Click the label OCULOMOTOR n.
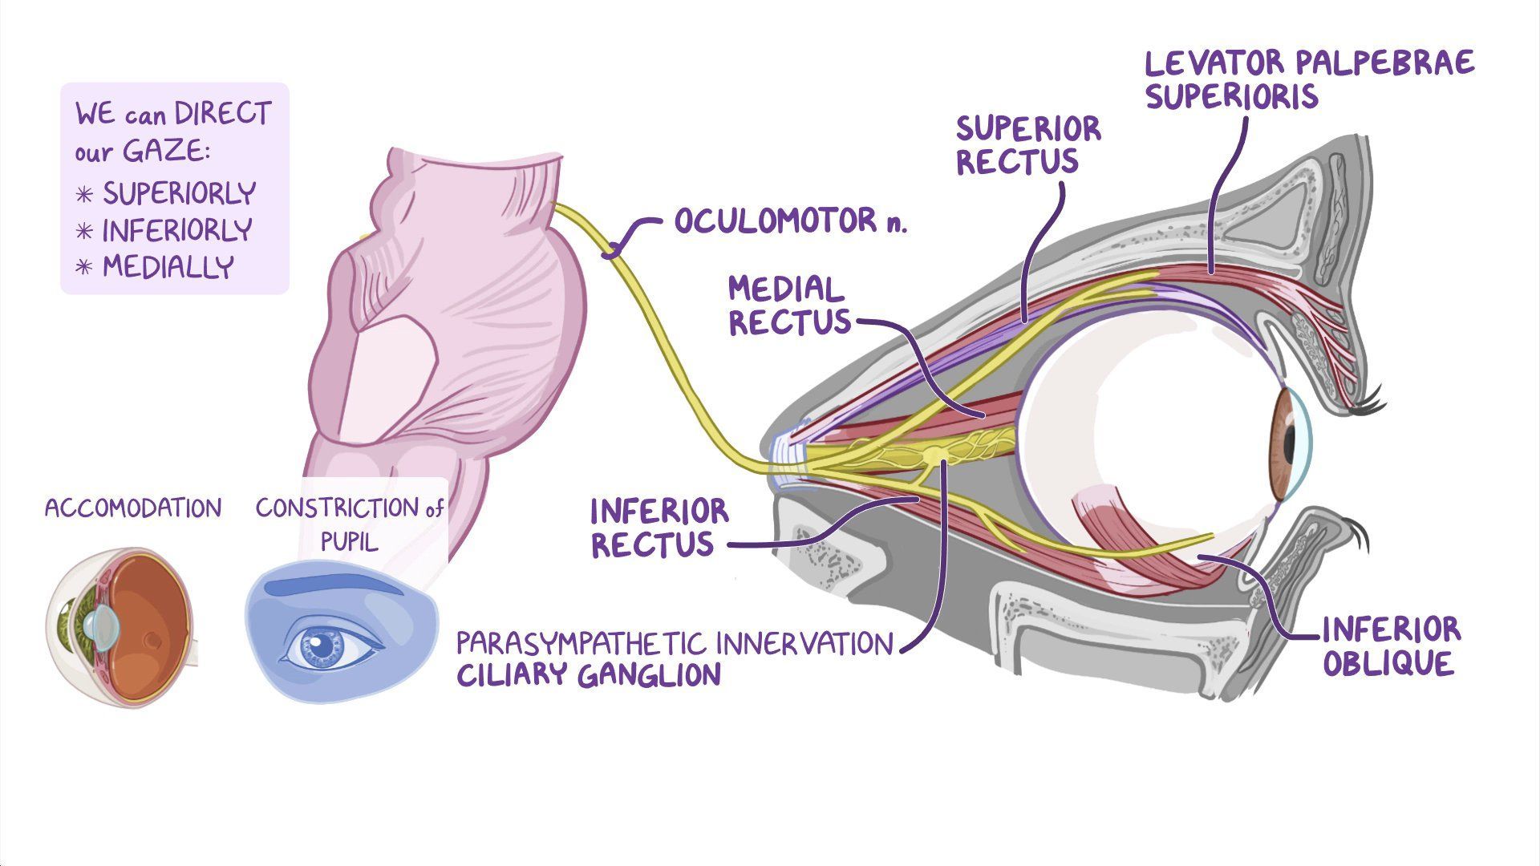[790, 221]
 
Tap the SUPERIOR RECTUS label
[1028, 144]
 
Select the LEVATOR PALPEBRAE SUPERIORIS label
[1309, 79]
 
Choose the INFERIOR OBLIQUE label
[1391, 646]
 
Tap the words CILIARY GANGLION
[589, 674]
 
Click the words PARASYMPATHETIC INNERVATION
[674, 643]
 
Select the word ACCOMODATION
[133, 508]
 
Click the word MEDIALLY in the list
[168, 267]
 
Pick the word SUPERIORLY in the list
[179, 193]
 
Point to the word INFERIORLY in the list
[176, 231]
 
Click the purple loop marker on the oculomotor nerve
[613, 251]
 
